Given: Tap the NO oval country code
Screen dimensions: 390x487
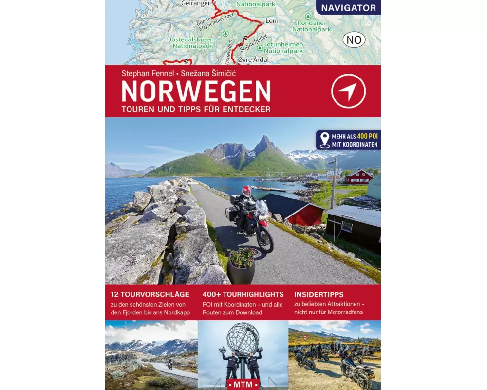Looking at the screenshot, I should point(354,39).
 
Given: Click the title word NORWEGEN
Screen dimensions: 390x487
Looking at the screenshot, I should point(196,92).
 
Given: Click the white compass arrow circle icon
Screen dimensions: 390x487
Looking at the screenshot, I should point(348,91).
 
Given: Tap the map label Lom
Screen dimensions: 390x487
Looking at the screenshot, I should point(272,21).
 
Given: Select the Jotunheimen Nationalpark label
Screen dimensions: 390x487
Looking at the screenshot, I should point(283,47).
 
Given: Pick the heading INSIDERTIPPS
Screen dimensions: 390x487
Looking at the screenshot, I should point(319,294).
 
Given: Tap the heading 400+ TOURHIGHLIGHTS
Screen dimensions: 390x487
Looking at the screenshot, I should point(243,294).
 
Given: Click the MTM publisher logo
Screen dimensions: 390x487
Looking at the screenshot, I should point(243,384).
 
